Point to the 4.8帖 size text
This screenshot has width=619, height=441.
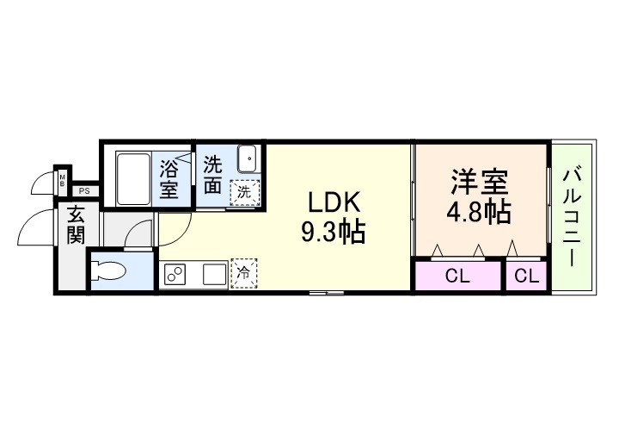click(480, 211)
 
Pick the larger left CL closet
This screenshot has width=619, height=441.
click(457, 276)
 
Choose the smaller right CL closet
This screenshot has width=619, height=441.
click(527, 276)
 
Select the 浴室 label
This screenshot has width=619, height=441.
click(170, 177)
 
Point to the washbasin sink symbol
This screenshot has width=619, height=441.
click(247, 160)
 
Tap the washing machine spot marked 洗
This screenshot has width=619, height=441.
click(244, 192)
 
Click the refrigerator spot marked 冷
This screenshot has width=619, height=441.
click(244, 273)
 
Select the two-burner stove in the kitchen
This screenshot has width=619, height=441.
click(175, 275)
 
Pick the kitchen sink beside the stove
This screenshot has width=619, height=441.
click(213, 275)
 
